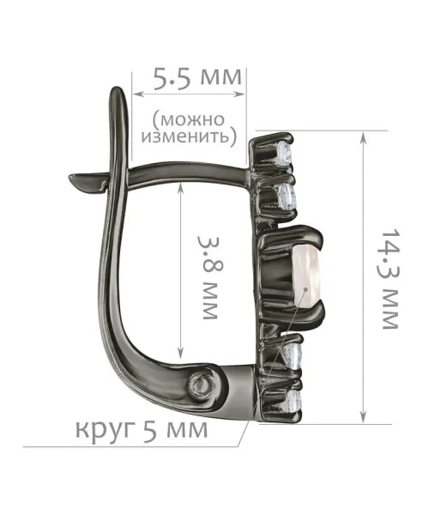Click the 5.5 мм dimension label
(x=197, y=78)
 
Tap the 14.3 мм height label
(x=390, y=279)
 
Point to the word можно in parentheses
(x=189, y=119)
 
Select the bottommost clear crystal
(x=293, y=400)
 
